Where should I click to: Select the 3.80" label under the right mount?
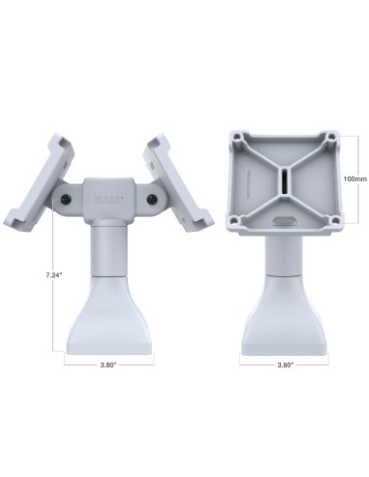point(285,366)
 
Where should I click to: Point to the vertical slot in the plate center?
point(285,182)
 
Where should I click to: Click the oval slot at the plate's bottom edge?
point(285,221)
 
